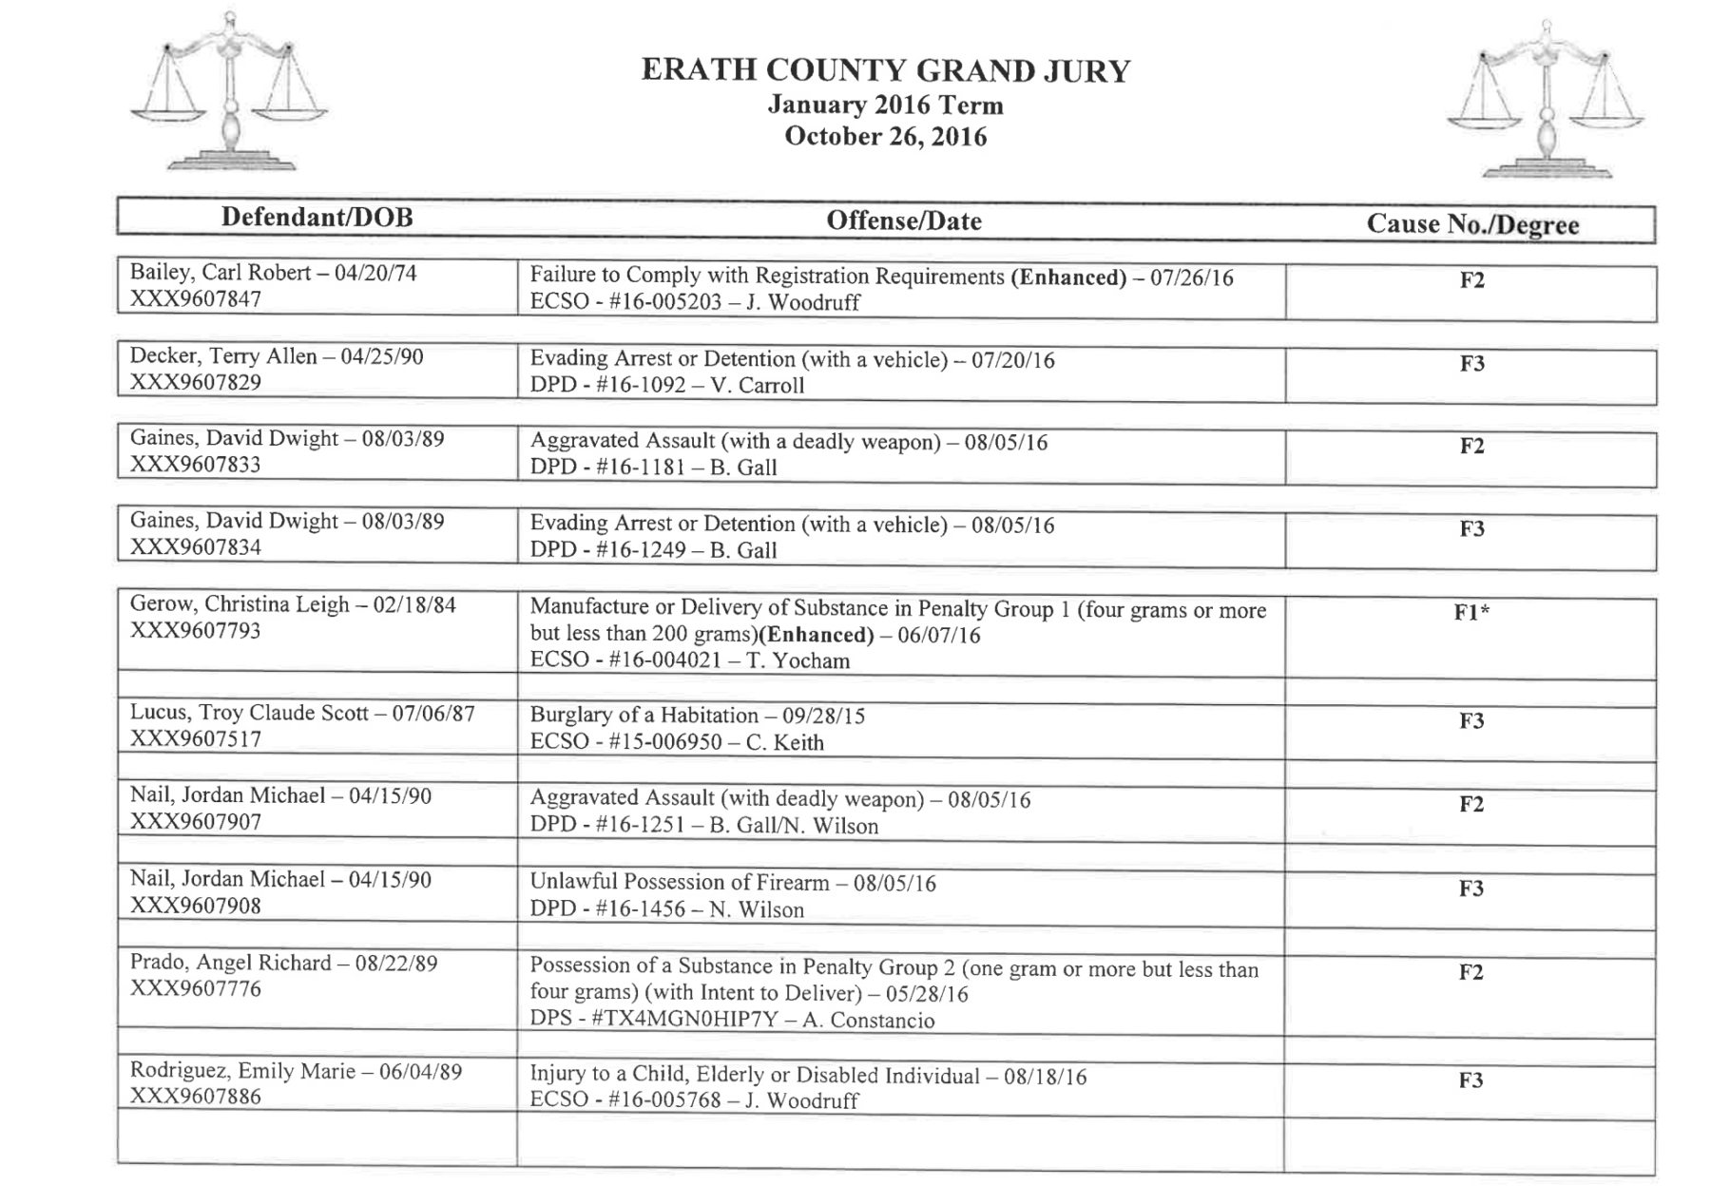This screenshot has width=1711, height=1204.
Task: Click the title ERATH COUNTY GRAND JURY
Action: coord(885,71)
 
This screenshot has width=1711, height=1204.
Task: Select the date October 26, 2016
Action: coord(885,137)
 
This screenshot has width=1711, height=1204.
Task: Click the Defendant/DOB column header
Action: coord(317,218)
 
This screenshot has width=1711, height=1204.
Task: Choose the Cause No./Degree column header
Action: coord(1471,225)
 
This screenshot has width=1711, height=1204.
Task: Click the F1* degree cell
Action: coord(1471,613)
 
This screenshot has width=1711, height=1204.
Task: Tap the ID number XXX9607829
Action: coord(195,382)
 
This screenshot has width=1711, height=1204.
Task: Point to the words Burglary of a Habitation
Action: coord(644,716)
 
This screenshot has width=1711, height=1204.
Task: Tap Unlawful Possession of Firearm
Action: coord(679,883)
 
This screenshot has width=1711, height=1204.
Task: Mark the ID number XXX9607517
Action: coord(195,739)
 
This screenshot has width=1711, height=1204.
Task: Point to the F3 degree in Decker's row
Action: coord(1471,363)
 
